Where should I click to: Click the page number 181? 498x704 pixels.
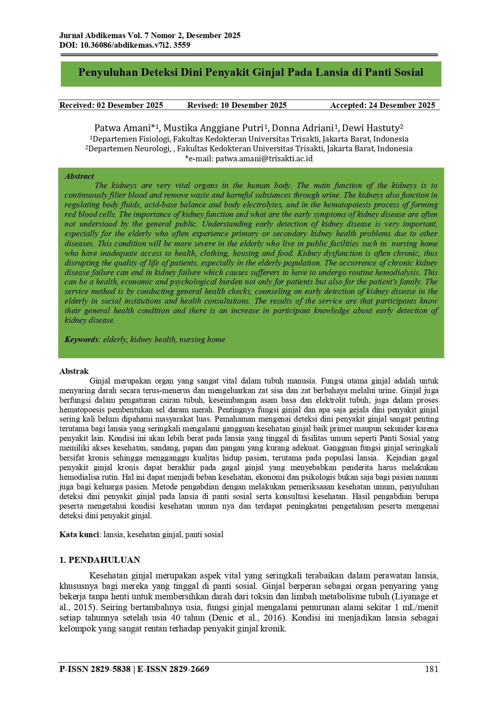coord(431,669)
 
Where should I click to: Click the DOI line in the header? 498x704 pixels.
coord(125,45)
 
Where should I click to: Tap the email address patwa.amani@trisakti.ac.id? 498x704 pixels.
coord(264,158)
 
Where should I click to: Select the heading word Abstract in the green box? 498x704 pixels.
coord(79,176)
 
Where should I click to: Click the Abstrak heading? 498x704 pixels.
coord(74,371)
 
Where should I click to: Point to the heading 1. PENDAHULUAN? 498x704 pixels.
coord(100,560)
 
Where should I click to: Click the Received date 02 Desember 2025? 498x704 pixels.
coord(130,105)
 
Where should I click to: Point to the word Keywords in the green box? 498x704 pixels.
coord(81,339)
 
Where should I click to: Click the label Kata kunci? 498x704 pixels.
coord(79,534)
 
